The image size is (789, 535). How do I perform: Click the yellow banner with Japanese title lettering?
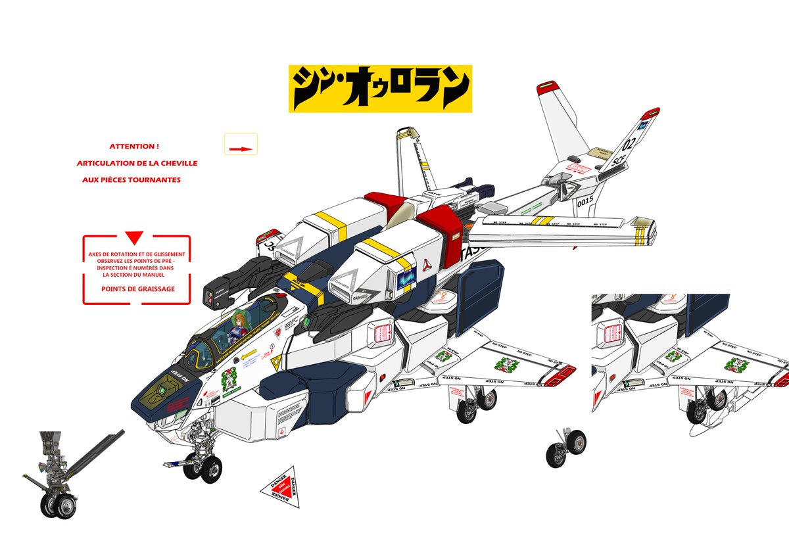(x=380, y=88)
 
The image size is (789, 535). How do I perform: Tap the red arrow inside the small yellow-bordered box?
(x=241, y=149)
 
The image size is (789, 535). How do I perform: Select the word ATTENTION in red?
(x=134, y=147)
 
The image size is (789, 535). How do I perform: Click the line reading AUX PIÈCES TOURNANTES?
(x=131, y=179)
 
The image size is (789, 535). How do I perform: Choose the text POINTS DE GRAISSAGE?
(x=138, y=289)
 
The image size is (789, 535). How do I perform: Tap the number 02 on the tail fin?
(x=629, y=143)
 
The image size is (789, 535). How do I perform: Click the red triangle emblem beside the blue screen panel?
(x=427, y=264)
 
